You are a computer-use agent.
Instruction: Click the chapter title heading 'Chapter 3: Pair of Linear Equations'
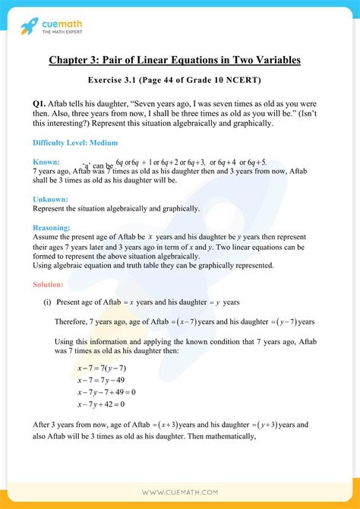180,61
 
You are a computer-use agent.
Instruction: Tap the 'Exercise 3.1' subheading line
180,80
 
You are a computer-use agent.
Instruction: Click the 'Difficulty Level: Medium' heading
74,143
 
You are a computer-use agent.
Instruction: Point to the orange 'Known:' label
47,162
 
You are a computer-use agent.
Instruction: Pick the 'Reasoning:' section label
52,226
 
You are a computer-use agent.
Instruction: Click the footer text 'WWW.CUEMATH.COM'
180,494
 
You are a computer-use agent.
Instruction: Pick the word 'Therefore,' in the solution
71,321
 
